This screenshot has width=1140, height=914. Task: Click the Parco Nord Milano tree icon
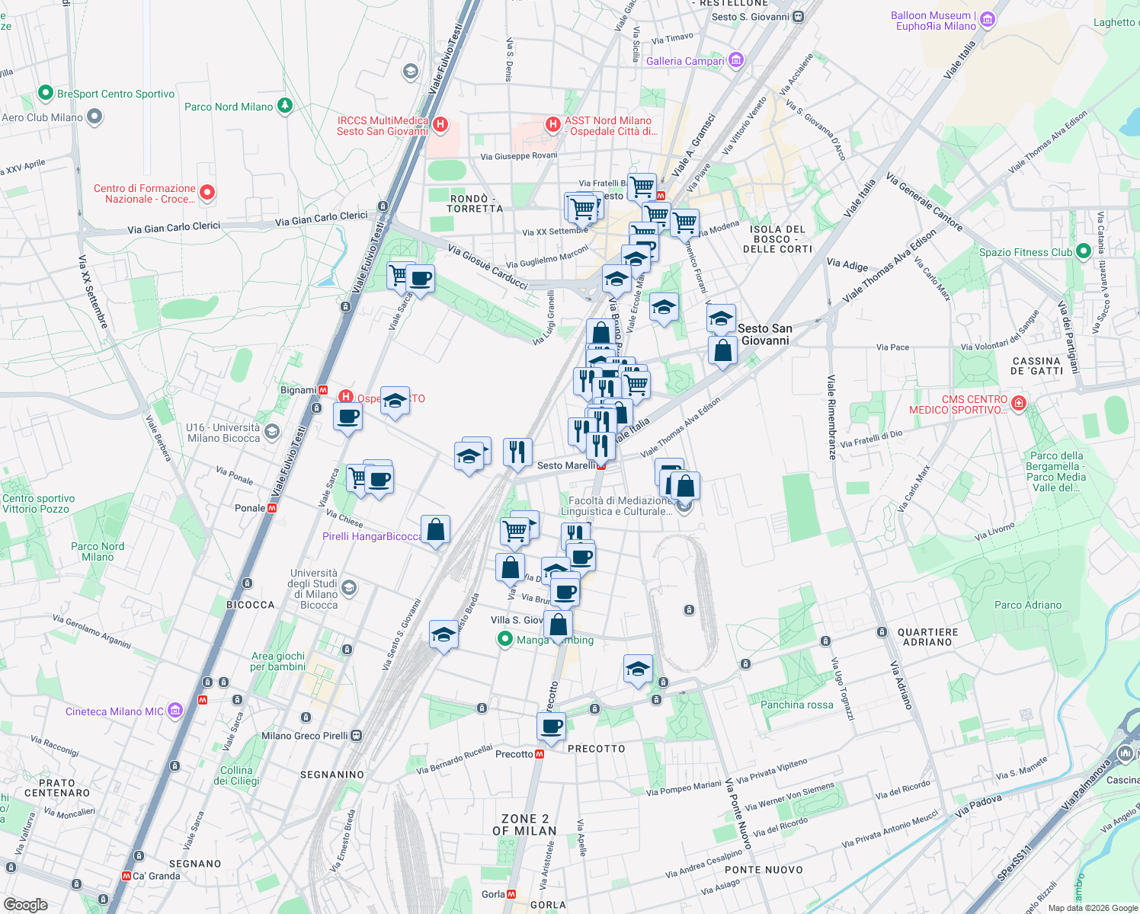point(285,106)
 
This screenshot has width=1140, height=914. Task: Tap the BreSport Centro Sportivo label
point(116,94)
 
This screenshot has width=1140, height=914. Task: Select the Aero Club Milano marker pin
point(94,117)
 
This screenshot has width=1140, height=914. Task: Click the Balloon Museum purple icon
point(988,20)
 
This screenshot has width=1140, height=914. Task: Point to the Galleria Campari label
point(685,61)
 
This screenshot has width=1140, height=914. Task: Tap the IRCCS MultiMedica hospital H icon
point(440,124)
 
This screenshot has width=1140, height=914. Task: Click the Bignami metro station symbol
point(323,390)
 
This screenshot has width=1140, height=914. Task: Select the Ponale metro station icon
point(272,508)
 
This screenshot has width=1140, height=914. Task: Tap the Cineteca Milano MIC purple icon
point(175,711)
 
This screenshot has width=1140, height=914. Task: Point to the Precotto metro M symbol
point(540,754)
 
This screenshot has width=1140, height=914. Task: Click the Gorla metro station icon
point(511,894)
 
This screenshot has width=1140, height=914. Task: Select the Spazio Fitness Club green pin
point(1083,252)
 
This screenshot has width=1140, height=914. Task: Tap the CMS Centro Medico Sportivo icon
point(1020,403)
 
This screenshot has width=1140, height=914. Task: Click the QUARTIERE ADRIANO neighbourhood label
point(927,637)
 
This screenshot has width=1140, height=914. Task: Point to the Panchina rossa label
point(796,705)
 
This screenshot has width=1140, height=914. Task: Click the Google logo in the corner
point(26,904)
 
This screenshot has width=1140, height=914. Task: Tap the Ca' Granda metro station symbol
point(126,876)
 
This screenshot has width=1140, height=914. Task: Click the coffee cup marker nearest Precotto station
point(551,726)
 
